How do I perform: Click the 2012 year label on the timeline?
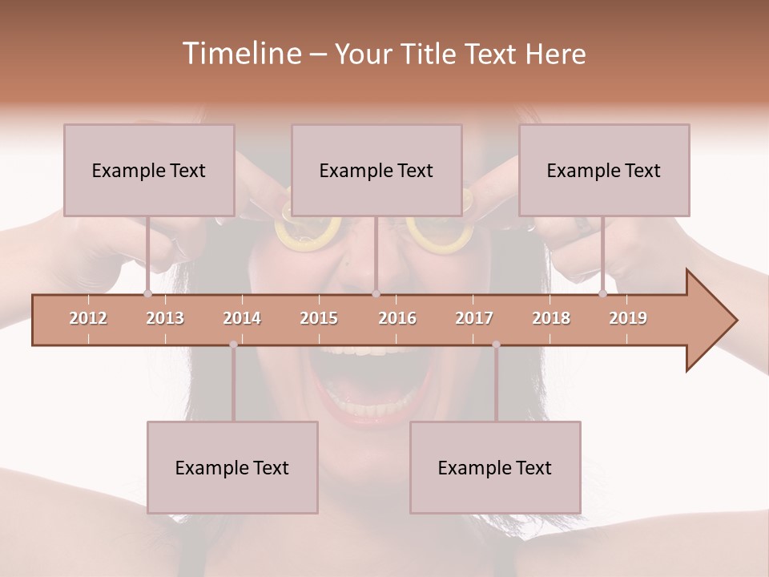click(88, 318)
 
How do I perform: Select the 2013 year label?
click(165, 318)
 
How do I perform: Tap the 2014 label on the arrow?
click(242, 318)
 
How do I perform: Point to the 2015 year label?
click(319, 318)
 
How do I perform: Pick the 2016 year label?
click(397, 318)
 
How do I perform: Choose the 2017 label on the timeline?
click(474, 318)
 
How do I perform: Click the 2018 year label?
click(551, 318)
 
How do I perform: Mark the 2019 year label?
click(628, 318)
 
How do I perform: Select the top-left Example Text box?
click(149, 170)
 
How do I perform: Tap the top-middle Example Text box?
click(376, 170)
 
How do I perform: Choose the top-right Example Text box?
click(604, 170)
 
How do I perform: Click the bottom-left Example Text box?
click(232, 467)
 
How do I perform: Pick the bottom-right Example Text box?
click(495, 467)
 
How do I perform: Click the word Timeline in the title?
click(241, 54)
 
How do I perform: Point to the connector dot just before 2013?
click(147, 293)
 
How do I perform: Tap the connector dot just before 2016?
click(376, 293)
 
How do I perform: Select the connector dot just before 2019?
click(602, 293)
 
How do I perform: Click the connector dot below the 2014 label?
click(233, 345)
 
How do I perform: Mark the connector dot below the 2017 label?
click(496, 345)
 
